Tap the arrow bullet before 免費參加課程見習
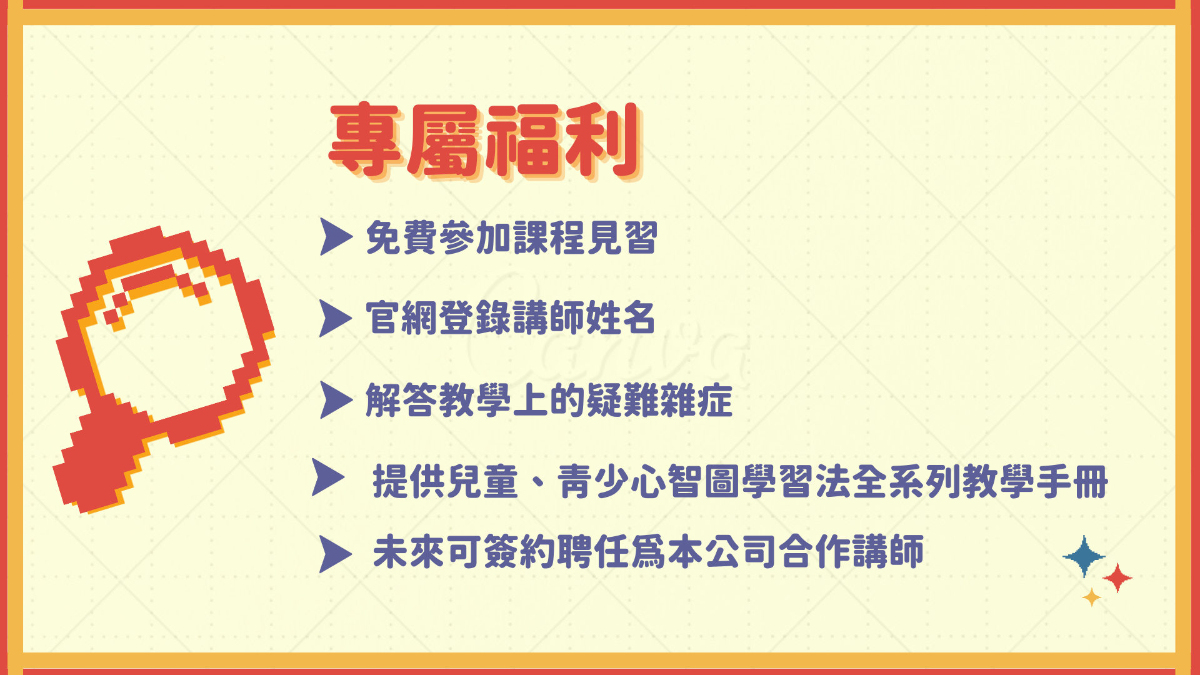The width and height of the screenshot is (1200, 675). [336, 237]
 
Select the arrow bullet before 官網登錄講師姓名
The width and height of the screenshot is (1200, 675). [336, 318]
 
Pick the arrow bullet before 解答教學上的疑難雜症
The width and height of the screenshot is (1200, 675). [336, 399]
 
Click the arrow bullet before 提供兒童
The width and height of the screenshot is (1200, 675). [328, 477]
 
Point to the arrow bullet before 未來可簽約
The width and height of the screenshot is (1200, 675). [336, 554]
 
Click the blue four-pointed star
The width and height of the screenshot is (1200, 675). [1084, 556]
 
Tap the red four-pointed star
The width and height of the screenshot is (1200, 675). [1117, 578]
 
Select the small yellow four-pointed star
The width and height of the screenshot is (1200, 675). [1092, 597]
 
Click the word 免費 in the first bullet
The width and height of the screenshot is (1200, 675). [401, 238]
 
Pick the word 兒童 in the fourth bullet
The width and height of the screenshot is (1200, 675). [481, 481]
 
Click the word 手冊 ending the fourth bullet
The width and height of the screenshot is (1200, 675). [1072, 481]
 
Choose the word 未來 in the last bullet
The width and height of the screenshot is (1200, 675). [409, 552]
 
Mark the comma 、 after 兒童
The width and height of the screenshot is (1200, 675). [539, 485]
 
